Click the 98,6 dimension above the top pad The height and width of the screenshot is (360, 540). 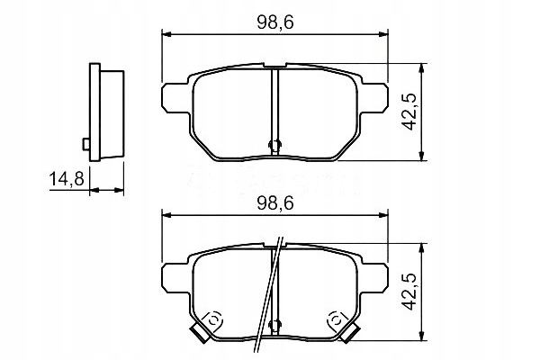tap(274, 22)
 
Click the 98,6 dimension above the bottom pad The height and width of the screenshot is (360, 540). tap(274, 203)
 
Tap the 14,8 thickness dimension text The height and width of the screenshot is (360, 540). tap(67, 179)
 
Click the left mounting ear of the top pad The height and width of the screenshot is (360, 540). tap(175, 98)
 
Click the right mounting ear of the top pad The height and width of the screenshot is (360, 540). tap(374, 98)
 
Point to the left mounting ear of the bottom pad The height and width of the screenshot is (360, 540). tap(175, 278)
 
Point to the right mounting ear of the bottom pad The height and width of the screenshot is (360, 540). tap(374, 278)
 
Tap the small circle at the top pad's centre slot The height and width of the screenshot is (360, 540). tap(274, 145)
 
